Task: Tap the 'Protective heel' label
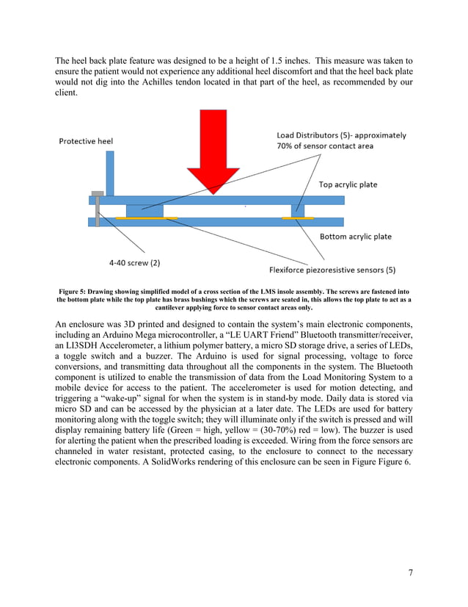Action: [x=86, y=142]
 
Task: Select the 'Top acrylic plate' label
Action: [x=348, y=184]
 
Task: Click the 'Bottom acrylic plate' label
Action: [x=356, y=237]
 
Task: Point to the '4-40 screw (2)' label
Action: [x=130, y=261]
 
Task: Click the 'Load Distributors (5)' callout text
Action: [x=342, y=135]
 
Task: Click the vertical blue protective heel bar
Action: [x=110, y=173]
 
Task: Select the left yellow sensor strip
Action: [x=147, y=218]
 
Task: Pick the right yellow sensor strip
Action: [x=298, y=218]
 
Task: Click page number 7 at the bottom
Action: [x=410, y=572]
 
